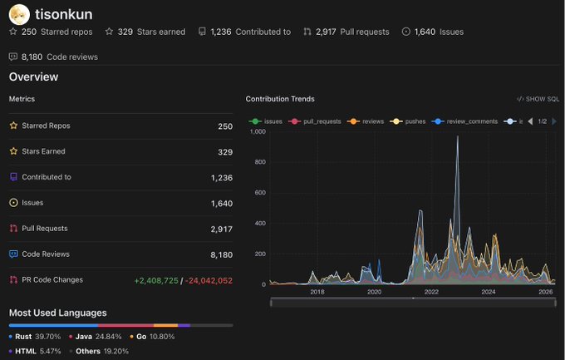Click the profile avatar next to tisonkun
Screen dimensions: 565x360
19,14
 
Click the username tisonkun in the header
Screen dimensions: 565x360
64,14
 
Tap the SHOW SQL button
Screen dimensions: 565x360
538,99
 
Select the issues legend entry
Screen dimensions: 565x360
266,121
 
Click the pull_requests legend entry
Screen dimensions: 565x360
315,121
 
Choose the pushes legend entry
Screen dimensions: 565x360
407,121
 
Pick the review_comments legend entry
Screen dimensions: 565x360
464,121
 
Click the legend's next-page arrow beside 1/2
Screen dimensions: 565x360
554,121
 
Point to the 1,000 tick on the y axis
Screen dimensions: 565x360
258,131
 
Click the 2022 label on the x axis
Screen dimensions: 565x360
431,292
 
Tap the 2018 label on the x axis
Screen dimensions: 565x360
317,292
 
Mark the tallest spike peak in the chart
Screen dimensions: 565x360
458,136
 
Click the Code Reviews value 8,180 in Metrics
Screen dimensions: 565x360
221,255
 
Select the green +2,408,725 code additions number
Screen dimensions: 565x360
156,281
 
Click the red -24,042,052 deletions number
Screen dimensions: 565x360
209,281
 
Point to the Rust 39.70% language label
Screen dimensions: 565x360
35,337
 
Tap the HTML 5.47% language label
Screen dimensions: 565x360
35,351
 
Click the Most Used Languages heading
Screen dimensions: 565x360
57,313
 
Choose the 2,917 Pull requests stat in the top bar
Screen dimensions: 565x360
346,32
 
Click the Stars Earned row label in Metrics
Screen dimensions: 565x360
43,151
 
